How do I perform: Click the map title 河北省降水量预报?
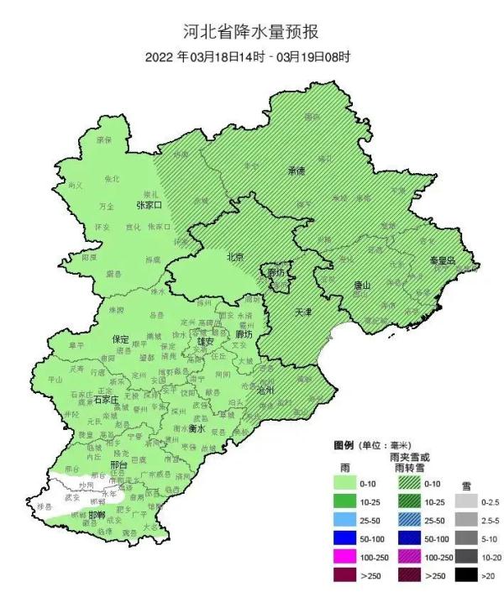[x=252, y=33]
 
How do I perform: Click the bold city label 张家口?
[x=150, y=205]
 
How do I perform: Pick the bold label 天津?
[x=302, y=312]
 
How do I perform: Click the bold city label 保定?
[x=121, y=339]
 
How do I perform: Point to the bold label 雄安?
[x=206, y=342]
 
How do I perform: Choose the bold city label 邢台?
[x=118, y=464]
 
